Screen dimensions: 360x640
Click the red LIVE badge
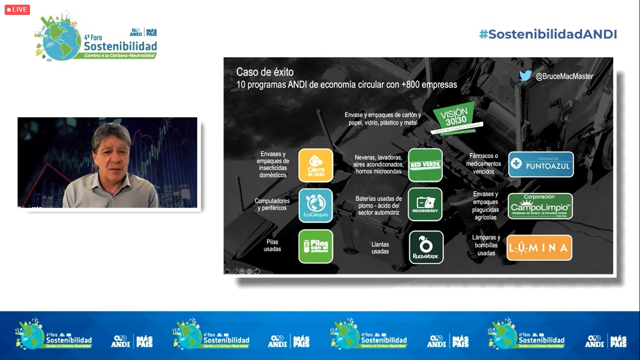(17, 9)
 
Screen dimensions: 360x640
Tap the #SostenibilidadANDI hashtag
(548, 34)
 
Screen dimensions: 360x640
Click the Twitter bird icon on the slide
(525, 75)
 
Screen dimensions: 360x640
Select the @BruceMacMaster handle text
(564, 76)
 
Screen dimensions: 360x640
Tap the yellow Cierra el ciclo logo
(316, 165)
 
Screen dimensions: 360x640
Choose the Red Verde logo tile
(425, 165)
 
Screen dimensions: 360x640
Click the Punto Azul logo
(541, 165)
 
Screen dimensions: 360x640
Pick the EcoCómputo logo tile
(316, 205)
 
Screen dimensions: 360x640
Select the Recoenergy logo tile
(425, 205)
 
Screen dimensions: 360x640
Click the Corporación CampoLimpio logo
(540, 206)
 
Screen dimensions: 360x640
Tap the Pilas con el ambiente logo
(316, 246)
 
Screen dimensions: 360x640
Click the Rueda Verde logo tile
(426, 247)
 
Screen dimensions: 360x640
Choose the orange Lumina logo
(539, 248)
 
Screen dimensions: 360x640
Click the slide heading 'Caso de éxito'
(265, 72)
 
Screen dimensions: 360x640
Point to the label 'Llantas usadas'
(380, 248)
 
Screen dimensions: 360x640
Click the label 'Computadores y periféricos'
(272, 204)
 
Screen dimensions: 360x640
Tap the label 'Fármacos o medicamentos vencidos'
(484, 164)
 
